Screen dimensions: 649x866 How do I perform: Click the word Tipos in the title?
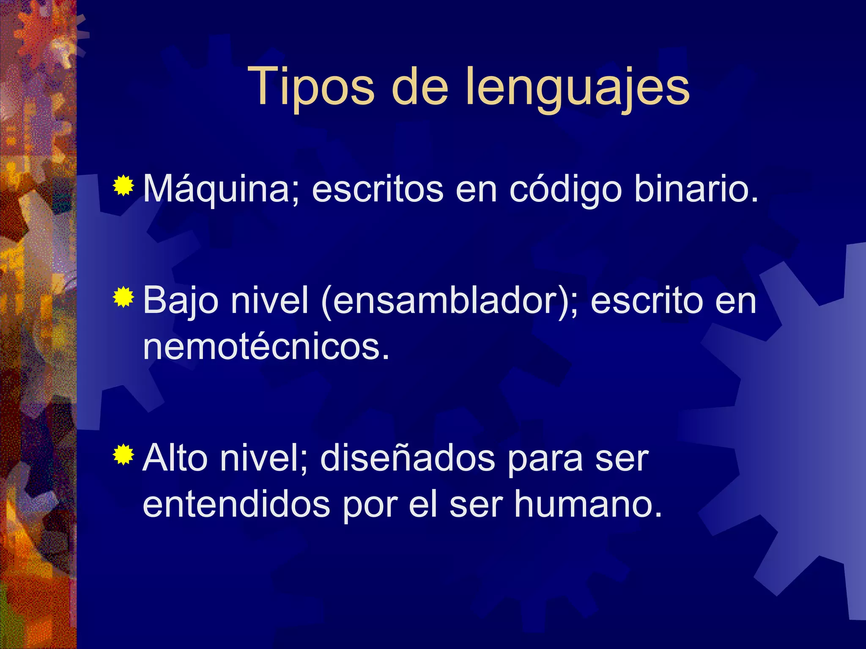[311, 87]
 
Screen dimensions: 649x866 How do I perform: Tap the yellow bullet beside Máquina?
[123, 186]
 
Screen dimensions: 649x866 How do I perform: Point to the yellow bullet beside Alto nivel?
[123, 455]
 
